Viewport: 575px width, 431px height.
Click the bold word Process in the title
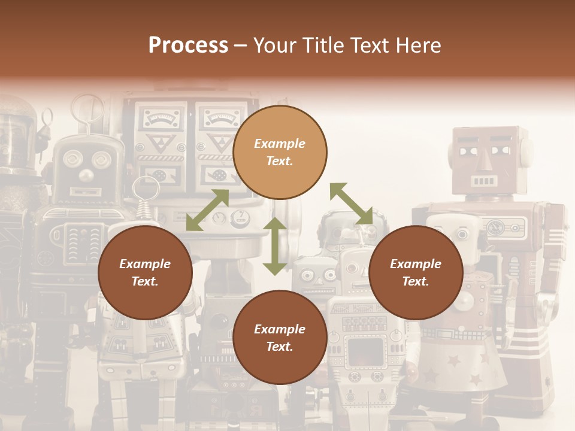(x=188, y=45)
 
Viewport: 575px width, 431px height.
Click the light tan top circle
(x=280, y=152)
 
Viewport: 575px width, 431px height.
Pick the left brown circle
(x=145, y=272)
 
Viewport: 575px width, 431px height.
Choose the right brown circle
(x=416, y=272)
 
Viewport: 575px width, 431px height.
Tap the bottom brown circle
(x=280, y=338)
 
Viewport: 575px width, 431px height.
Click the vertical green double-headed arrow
(x=275, y=246)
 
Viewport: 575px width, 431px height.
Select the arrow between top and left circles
(x=207, y=210)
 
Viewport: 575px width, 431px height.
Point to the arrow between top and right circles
(x=351, y=204)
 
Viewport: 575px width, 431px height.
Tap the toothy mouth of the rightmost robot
(x=484, y=180)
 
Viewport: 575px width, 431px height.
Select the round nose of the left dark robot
(x=87, y=175)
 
